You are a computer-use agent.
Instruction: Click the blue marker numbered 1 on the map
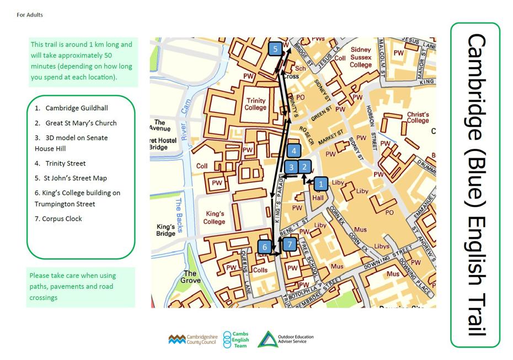[x=322, y=184]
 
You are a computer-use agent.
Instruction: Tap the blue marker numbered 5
[x=275, y=49]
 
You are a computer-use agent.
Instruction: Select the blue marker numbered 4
[x=295, y=151]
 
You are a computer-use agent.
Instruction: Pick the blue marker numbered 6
[x=265, y=247]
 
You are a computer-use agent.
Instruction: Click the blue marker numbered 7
[x=290, y=244]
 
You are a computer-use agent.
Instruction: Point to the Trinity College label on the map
[x=256, y=104]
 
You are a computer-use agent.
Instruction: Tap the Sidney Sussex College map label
[x=361, y=57]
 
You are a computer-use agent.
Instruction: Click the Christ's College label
[x=418, y=117]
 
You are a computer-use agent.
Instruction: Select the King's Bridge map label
[x=165, y=230]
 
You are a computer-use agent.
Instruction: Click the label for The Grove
[x=190, y=277]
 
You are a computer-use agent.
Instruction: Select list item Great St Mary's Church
[x=81, y=123]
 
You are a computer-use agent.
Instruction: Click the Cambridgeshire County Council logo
[x=193, y=339]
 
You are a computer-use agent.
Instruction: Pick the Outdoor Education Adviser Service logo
[x=285, y=339]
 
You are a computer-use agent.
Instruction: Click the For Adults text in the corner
[x=30, y=15]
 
